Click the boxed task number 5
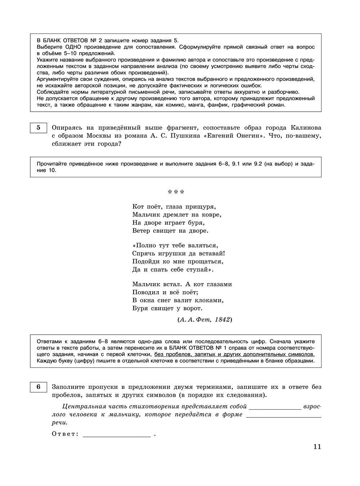pyautogui.click(x=39, y=128)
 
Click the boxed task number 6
pyautogui.click(x=39, y=387)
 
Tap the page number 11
pyautogui.click(x=317, y=447)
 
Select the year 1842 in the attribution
pyautogui.click(x=222, y=320)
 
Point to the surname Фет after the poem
pyautogui.click(x=204, y=320)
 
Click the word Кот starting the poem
pyautogui.click(x=138, y=207)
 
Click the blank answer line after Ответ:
pyautogui.click(x=117, y=435)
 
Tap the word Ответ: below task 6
pyautogui.click(x=65, y=434)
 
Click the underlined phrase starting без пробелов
pyautogui.click(x=234, y=354)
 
